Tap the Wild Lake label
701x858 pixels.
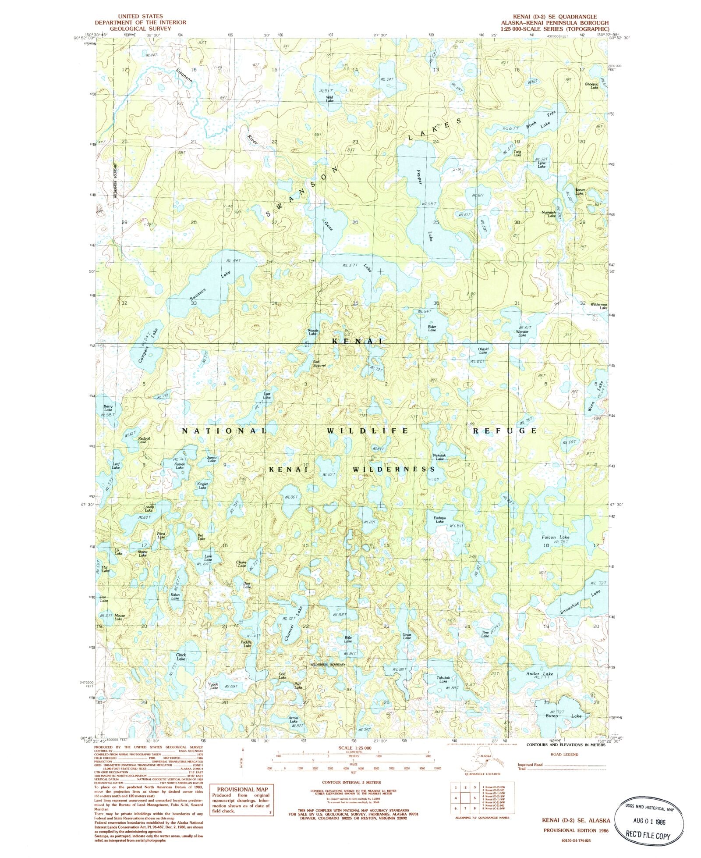(x=329, y=99)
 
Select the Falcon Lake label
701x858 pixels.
(x=556, y=537)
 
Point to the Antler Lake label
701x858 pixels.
(x=540, y=673)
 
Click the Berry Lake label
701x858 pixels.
(x=108, y=408)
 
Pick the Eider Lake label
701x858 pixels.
(x=432, y=328)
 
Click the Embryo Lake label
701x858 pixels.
(x=439, y=520)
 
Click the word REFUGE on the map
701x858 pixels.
(x=505, y=431)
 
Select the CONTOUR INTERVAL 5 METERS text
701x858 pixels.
(x=351, y=782)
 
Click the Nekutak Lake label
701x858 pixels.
(x=439, y=457)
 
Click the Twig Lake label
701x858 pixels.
(x=517, y=153)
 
